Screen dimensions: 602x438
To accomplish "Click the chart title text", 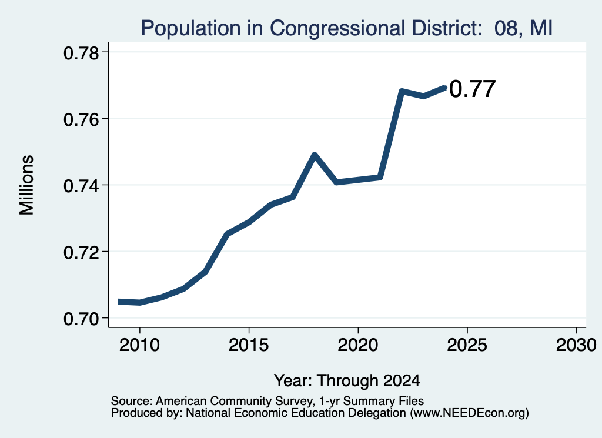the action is tap(347, 28).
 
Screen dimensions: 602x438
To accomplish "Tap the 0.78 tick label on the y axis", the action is tap(81, 53).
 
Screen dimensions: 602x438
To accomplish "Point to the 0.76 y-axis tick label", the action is tap(81, 119).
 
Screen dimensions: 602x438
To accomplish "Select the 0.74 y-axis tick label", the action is tap(81, 186).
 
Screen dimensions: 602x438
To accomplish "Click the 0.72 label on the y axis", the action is tap(81, 252).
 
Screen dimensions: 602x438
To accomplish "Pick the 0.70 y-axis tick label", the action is tap(81, 319).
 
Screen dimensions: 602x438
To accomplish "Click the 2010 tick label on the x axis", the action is tap(139, 345).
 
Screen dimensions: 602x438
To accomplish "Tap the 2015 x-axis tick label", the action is tap(249, 345).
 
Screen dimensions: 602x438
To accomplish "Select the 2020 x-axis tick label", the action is tap(358, 345).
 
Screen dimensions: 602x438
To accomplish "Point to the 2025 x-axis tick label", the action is tap(467, 345).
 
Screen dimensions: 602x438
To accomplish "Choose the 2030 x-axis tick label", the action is tap(576, 345).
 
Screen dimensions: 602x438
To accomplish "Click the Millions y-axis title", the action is tap(26, 185).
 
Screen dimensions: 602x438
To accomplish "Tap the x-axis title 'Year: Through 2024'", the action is tap(347, 380).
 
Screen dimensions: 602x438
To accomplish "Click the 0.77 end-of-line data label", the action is tap(472, 89).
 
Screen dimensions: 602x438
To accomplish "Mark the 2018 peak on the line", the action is tap(315, 155).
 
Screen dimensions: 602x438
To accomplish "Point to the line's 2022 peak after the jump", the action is tap(402, 91).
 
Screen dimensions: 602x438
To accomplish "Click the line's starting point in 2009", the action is tap(119, 302).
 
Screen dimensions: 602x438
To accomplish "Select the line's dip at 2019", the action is tap(336, 182).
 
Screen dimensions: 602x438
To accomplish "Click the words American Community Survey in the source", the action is tap(233, 401).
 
